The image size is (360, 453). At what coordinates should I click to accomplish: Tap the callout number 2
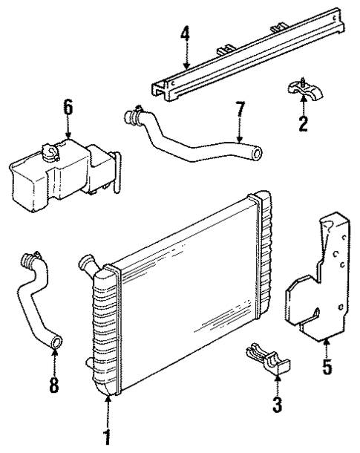[x=303, y=122]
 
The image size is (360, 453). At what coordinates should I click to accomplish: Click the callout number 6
[x=68, y=107]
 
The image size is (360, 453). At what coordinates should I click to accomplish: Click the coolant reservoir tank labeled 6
[x=59, y=171]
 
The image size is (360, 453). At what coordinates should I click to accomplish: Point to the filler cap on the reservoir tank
[x=52, y=152]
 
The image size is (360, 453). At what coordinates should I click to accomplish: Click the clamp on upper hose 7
[x=134, y=117]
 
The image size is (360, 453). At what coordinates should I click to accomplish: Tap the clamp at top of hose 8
[x=30, y=261]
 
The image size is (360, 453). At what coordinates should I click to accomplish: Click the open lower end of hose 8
[x=56, y=342]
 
